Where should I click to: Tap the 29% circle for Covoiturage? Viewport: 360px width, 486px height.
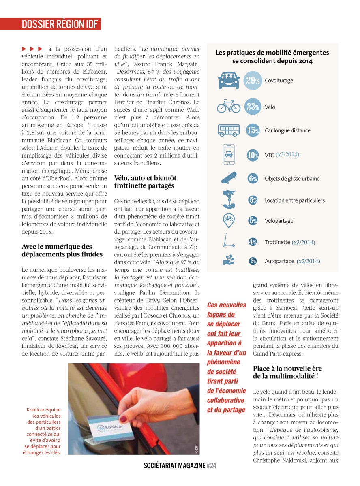click(x=253, y=81)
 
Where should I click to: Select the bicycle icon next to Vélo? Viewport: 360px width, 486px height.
click(x=229, y=107)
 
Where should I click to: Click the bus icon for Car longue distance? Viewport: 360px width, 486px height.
click(x=229, y=130)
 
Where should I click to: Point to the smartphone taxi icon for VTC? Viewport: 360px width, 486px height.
click(x=229, y=155)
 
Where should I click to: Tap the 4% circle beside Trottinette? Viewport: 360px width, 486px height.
click(x=253, y=242)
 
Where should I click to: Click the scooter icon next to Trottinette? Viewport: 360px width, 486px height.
click(x=229, y=241)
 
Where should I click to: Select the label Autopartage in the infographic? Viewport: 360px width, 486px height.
click(x=279, y=261)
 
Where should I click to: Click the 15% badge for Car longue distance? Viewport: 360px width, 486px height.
click(x=253, y=130)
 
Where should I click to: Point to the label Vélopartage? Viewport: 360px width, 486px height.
click(x=279, y=221)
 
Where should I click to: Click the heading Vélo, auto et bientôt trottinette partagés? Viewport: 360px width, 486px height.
click(x=145, y=181)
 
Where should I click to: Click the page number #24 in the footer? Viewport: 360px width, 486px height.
click(x=211, y=466)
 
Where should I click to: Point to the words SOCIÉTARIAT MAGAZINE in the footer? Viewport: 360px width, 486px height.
click(x=174, y=466)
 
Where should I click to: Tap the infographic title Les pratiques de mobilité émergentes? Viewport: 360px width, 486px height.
click(x=272, y=57)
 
